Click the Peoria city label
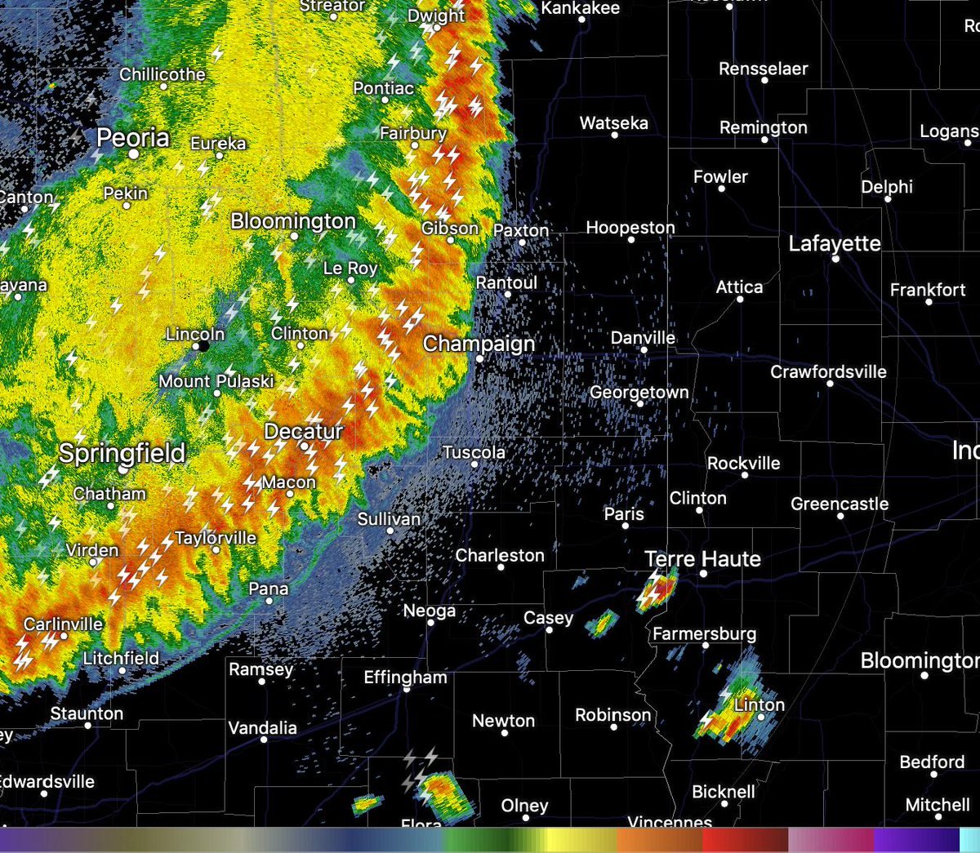pyautogui.click(x=133, y=138)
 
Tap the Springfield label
pyautogui.click(x=122, y=453)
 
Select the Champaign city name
pyautogui.click(x=479, y=344)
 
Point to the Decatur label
pyautogui.click(x=304, y=431)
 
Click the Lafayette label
pyautogui.click(x=835, y=243)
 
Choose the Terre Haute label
pyautogui.click(x=702, y=559)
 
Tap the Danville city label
pyautogui.click(x=643, y=338)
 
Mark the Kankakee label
pyautogui.click(x=581, y=8)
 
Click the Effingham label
pyautogui.click(x=405, y=678)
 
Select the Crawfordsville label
pyautogui.click(x=828, y=372)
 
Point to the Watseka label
pyautogui.click(x=614, y=123)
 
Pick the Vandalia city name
pyautogui.click(x=262, y=727)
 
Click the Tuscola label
pyautogui.click(x=474, y=452)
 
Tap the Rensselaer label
pyautogui.click(x=763, y=69)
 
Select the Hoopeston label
pyautogui.click(x=630, y=228)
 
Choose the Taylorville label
pyautogui.click(x=216, y=538)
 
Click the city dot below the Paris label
pyautogui.click(x=626, y=526)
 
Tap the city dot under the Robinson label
pyautogui.click(x=613, y=727)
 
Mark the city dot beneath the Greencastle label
pyautogui.click(x=840, y=516)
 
